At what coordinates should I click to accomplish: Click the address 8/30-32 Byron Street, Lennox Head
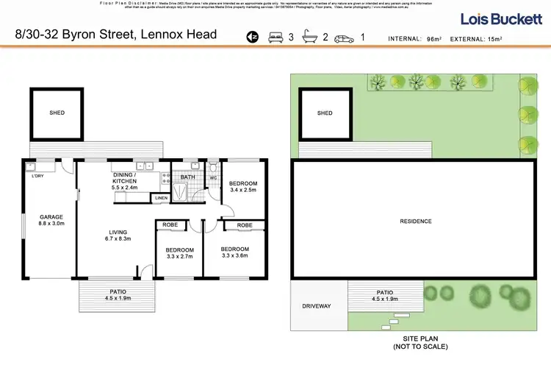116,35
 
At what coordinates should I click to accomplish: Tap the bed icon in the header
276,36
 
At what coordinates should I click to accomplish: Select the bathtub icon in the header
310,36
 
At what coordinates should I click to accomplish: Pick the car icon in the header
344,37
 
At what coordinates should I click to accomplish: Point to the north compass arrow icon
252,36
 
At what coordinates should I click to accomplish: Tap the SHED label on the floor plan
57,113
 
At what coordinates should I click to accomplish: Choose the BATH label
187,177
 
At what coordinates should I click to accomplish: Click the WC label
214,177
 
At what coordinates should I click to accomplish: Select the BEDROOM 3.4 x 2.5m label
243,188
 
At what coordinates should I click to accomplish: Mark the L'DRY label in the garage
37,176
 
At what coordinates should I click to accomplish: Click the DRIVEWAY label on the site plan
317,305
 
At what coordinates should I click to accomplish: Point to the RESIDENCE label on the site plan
415,221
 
